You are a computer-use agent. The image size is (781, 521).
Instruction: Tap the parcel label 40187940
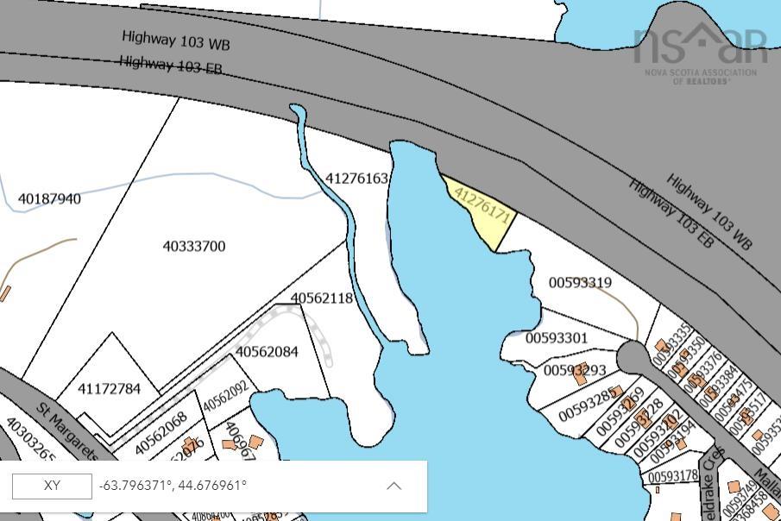pos(50,199)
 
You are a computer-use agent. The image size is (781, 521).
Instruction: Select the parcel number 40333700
pos(194,247)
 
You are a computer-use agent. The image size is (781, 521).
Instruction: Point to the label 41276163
pos(357,179)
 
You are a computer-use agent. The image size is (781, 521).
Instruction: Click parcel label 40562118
pos(322,298)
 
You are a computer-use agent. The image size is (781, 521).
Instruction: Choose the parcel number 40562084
pos(267,352)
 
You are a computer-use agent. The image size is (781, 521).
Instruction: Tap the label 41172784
pos(109,389)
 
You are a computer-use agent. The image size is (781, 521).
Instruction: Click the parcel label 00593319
pos(581,283)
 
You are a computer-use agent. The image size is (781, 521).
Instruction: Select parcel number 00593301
pos(557,338)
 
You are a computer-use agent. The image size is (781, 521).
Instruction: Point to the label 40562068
pos(161,433)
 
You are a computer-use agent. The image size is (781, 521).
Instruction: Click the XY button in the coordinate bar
pos(52,486)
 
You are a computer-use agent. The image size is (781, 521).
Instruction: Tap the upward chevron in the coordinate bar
pos(394,486)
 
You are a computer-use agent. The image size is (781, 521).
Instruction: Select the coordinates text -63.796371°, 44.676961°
pos(173,486)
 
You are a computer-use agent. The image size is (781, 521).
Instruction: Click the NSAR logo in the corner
pos(700,50)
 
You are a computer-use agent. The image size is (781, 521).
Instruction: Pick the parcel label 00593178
pos(673,476)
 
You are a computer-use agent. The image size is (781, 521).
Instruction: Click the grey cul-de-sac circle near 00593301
pos(632,355)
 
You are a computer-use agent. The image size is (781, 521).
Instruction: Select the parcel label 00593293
pos(575,371)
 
